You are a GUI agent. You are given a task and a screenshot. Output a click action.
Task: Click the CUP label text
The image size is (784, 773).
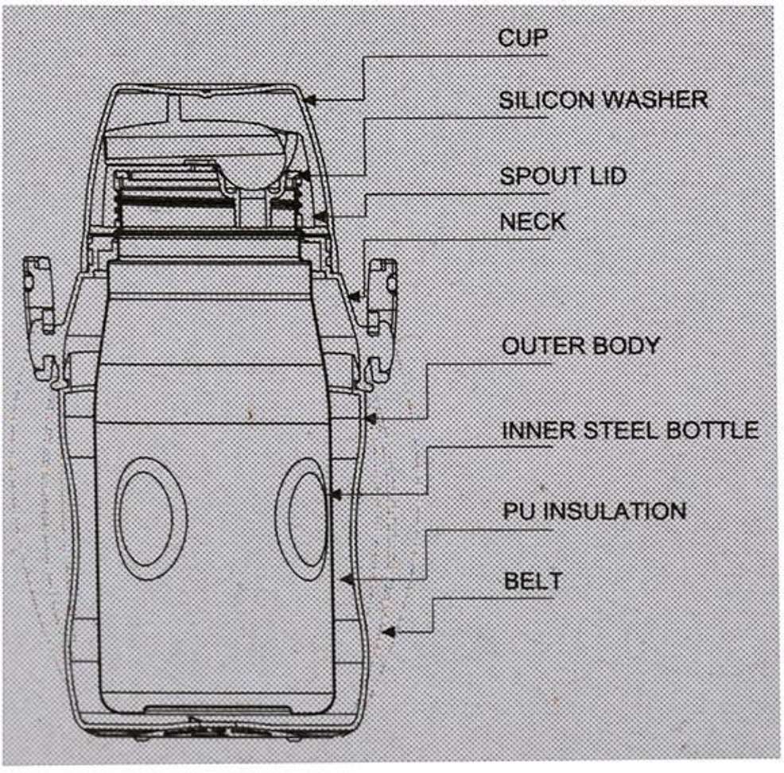tap(523, 38)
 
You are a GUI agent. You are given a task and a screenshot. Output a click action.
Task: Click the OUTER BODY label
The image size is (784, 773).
tap(580, 346)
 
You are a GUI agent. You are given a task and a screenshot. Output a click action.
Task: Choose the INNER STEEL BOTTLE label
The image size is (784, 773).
tap(629, 430)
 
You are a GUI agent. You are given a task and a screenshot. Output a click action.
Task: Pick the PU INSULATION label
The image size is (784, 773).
tap(594, 509)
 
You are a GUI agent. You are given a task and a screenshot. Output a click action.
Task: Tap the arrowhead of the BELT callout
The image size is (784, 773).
tap(389, 633)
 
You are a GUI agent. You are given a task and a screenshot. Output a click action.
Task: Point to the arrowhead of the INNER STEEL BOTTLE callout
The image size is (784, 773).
tap(335, 495)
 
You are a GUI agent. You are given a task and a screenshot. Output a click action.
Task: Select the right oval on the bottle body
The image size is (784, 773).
tap(301, 515)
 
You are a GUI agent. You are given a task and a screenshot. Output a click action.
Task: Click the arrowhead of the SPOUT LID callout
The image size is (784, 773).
tap(316, 215)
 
